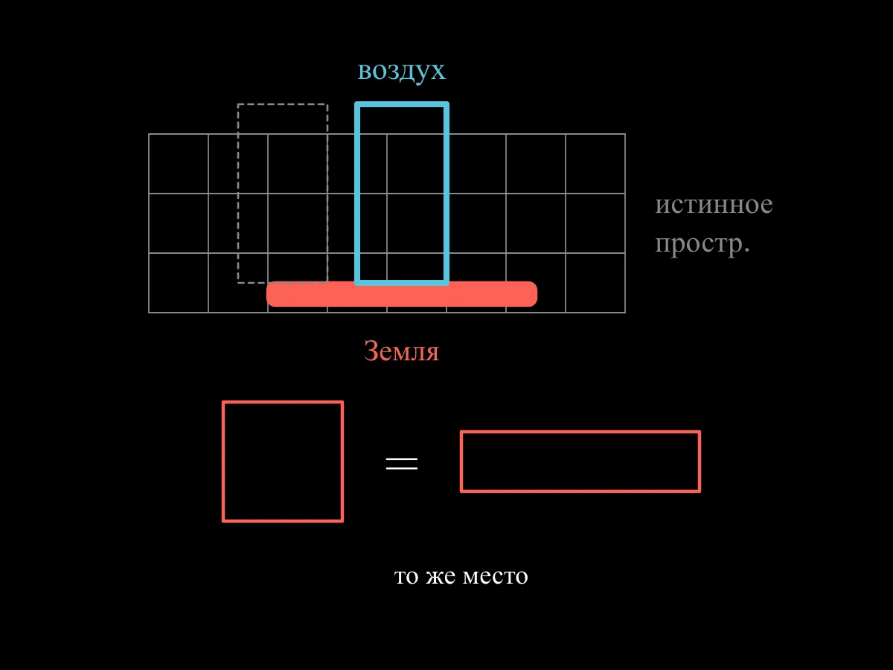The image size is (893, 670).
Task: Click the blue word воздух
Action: (402, 71)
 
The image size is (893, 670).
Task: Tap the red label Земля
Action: (402, 351)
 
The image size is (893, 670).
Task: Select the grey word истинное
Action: (714, 204)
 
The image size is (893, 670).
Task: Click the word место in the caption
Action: (495, 576)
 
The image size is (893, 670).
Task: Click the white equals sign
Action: (402, 463)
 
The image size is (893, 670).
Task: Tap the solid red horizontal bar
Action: (402, 294)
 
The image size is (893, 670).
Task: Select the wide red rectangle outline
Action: (580, 432)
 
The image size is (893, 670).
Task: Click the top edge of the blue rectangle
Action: (402, 104)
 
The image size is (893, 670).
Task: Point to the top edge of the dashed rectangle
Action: (283, 104)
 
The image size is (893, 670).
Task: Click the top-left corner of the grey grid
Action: (149, 134)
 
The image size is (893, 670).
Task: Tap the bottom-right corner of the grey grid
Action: (625, 313)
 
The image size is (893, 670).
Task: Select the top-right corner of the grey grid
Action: (625, 134)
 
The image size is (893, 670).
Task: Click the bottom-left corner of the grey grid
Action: (149, 313)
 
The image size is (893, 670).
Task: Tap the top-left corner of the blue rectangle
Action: (357, 104)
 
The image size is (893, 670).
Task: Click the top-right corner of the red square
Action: (342, 402)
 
